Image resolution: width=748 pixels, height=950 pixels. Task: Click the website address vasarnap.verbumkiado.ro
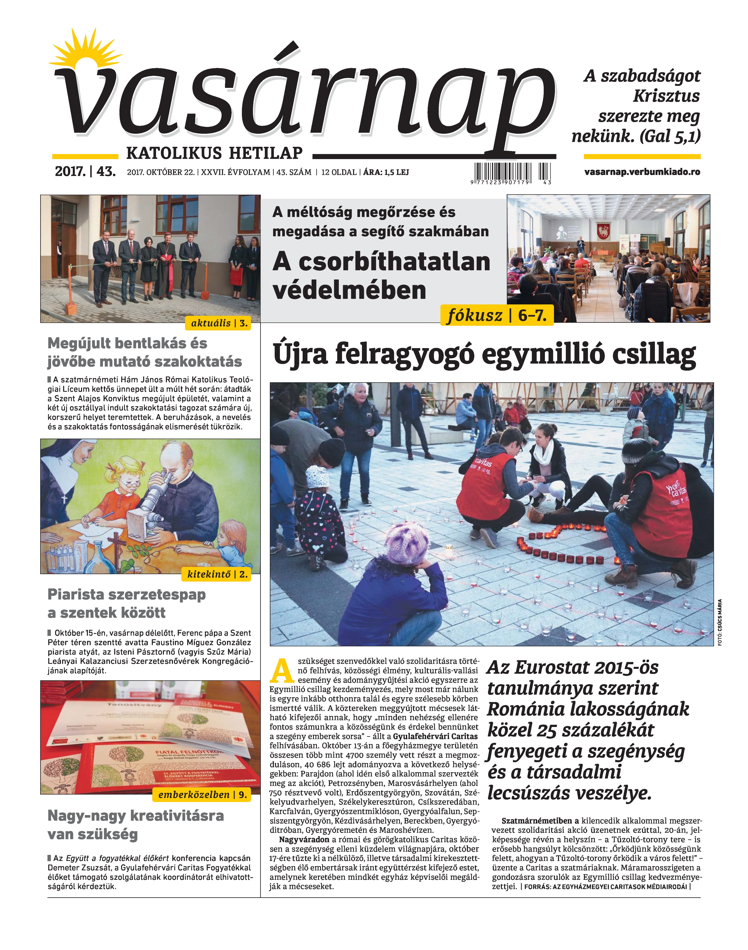642,172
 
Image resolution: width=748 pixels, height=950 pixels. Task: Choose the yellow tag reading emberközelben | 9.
202,795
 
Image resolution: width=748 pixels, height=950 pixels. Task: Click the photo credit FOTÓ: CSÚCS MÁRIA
719,622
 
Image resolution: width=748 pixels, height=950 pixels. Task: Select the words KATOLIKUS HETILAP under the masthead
215,153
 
